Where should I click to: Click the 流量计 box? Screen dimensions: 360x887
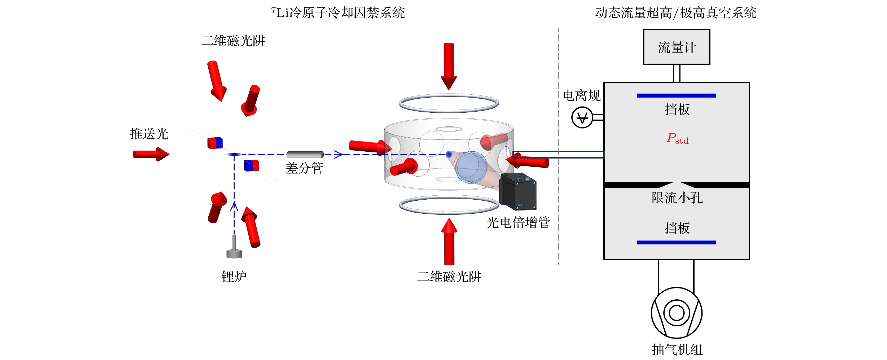(x=676, y=47)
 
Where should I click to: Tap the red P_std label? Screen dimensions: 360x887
(x=677, y=138)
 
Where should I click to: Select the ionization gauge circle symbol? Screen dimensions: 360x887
(x=582, y=118)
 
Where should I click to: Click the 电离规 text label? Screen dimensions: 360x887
(x=581, y=96)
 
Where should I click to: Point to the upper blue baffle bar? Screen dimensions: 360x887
(x=676, y=95)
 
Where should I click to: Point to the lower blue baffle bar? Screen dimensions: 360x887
(x=676, y=243)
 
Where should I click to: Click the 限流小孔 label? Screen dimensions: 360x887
(x=677, y=198)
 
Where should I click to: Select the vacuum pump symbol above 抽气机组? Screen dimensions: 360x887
(x=676, y=313)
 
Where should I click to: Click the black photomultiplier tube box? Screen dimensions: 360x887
(x=517, y=192)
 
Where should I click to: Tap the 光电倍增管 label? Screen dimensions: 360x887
(x=518, y=222)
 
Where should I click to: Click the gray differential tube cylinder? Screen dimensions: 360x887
(x=305, y=154)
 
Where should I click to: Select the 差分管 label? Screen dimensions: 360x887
(x=304, y=168)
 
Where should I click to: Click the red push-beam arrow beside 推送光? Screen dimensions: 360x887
(x=151, y=154)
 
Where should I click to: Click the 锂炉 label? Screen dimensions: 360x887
(x=234, y=276)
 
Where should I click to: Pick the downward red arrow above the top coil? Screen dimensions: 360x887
(x=449, y=65)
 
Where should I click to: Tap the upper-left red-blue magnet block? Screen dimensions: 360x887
(x=215, y=143)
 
